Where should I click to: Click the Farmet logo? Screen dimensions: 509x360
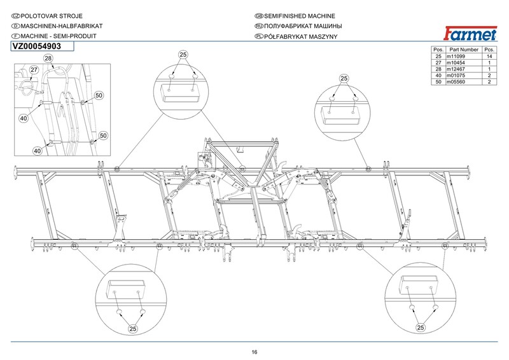click(x=470, y=34)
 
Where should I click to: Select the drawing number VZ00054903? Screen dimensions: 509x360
click(x=37, y=46)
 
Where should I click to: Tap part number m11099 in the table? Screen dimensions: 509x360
click(x=456, y=56)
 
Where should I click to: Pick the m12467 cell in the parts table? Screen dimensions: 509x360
click(x=456, y=69)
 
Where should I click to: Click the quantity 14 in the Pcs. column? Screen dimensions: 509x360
click(x=489, y=56)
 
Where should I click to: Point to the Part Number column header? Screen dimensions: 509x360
click(x=464, y=50)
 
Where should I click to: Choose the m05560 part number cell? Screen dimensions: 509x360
click(x=456, y=82)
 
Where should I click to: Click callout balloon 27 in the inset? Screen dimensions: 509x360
click(x=34, y=70)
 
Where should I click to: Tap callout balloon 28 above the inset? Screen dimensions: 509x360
click(x=48, y=59)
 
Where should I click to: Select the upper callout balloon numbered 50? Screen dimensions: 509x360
click(x=99, y=95)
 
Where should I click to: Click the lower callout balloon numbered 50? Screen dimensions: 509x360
click(x=103, y=135)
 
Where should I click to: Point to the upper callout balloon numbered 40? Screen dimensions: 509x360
click(x=24, y=118)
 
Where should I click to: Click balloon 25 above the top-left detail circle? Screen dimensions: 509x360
click(x=183, y=55)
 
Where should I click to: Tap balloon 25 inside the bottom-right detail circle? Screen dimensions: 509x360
click(x=421, y=328)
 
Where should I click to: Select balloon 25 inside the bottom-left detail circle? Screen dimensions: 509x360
click(x=133, y=329)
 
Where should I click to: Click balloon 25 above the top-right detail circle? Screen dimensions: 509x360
click(x=344, y=78)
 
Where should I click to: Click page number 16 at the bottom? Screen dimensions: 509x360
click(x=254, y=352)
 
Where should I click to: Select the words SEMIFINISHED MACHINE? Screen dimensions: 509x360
click(x=299, y=16)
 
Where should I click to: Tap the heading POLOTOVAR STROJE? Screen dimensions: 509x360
click(x=52, y=16)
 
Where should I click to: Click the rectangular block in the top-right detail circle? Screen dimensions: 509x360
click(x=341, y=116)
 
